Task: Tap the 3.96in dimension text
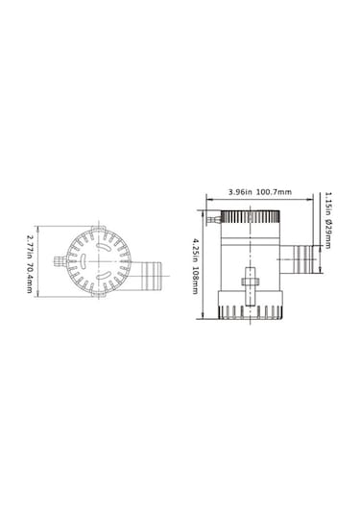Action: tap(239, 193)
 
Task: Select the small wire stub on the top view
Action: tap(60, 257)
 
